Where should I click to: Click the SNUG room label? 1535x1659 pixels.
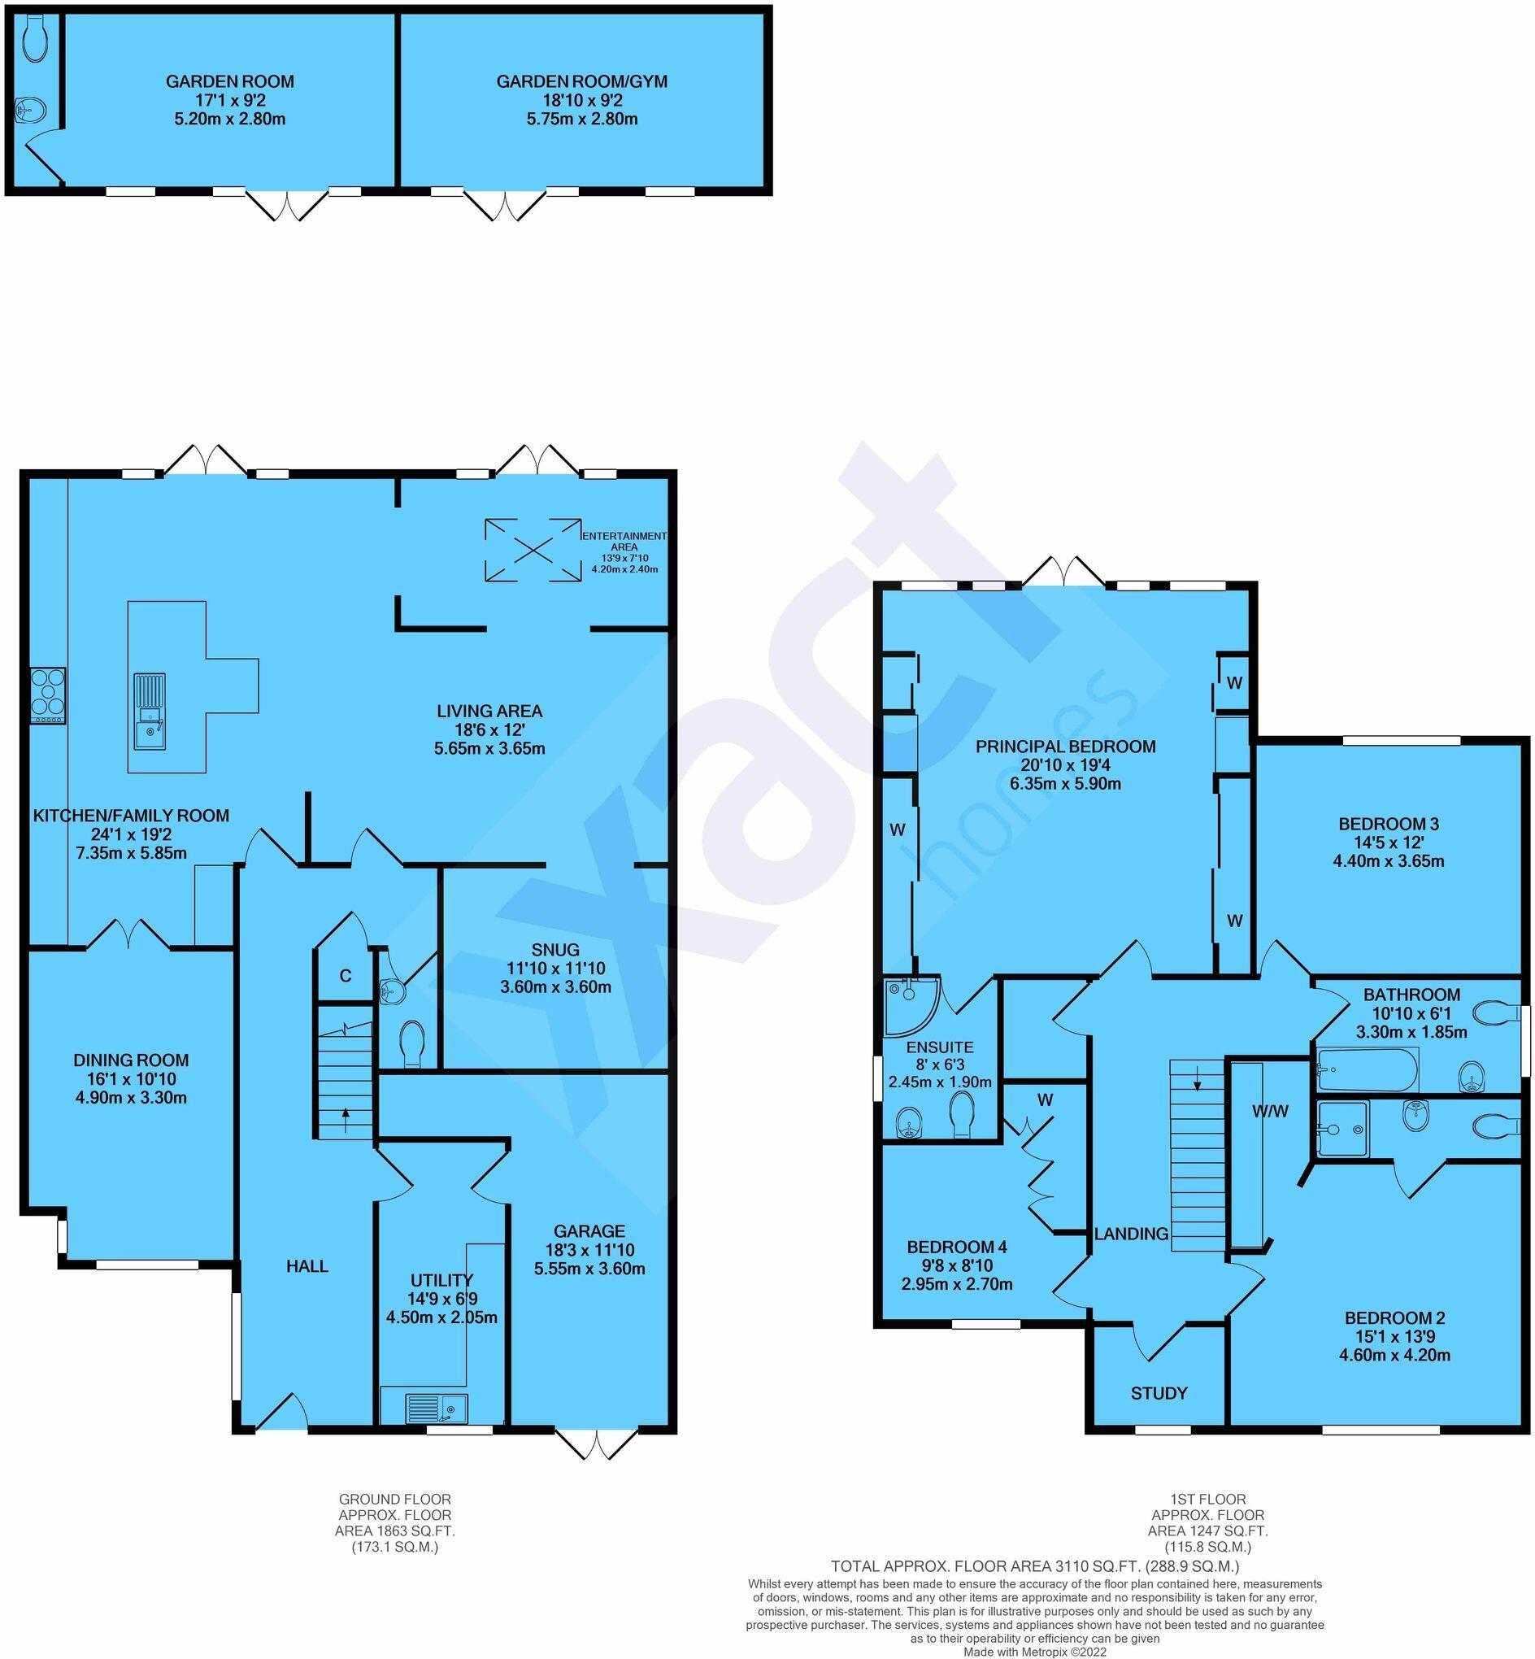tap(555, 950)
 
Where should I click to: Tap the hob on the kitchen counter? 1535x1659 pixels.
tap(47, 695)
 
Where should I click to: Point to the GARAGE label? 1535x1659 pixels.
tap(589, 1231)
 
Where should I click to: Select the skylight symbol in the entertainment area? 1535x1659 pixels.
tap(533, 549)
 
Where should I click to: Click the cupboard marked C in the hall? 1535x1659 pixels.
tap(345, 975)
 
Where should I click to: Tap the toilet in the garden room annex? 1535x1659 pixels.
tap(37, 40)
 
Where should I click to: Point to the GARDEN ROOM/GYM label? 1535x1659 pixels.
tap(581, 81)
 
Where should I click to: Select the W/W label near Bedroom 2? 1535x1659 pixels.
tap(1270, 1111)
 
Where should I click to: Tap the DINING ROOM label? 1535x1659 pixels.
tap(131, 1060)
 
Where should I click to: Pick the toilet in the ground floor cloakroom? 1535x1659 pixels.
tap(411, 1043)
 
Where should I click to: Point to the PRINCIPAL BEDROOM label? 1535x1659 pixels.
tap(1065, 746)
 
